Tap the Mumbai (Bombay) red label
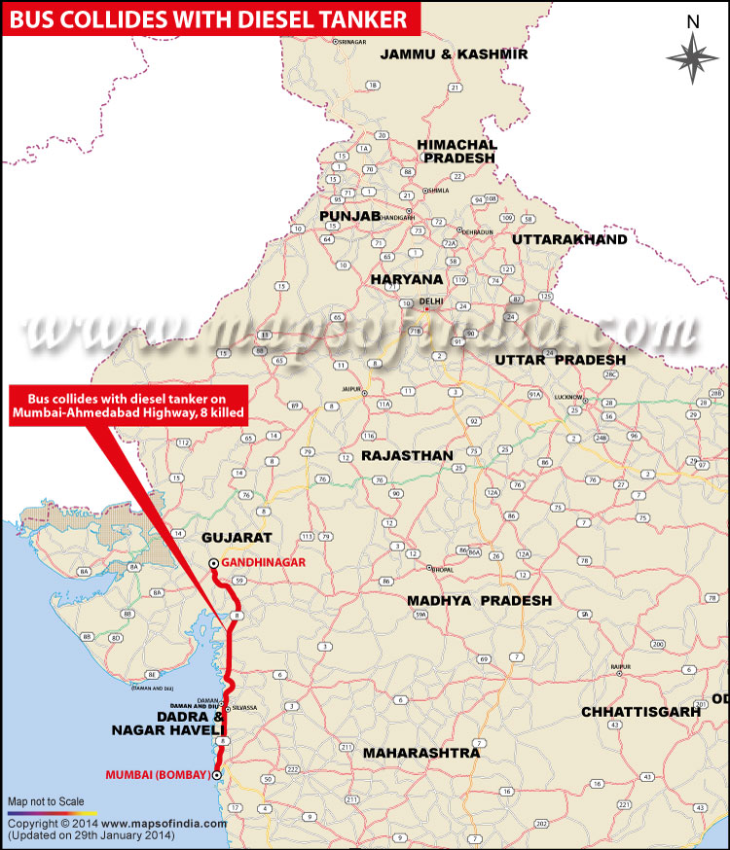pos(157,775)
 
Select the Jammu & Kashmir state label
pos(454,53)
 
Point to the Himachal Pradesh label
pos(456,151)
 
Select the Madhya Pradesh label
pos(479,600)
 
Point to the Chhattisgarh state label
pos(641,712)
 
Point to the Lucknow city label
pos(566,398)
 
